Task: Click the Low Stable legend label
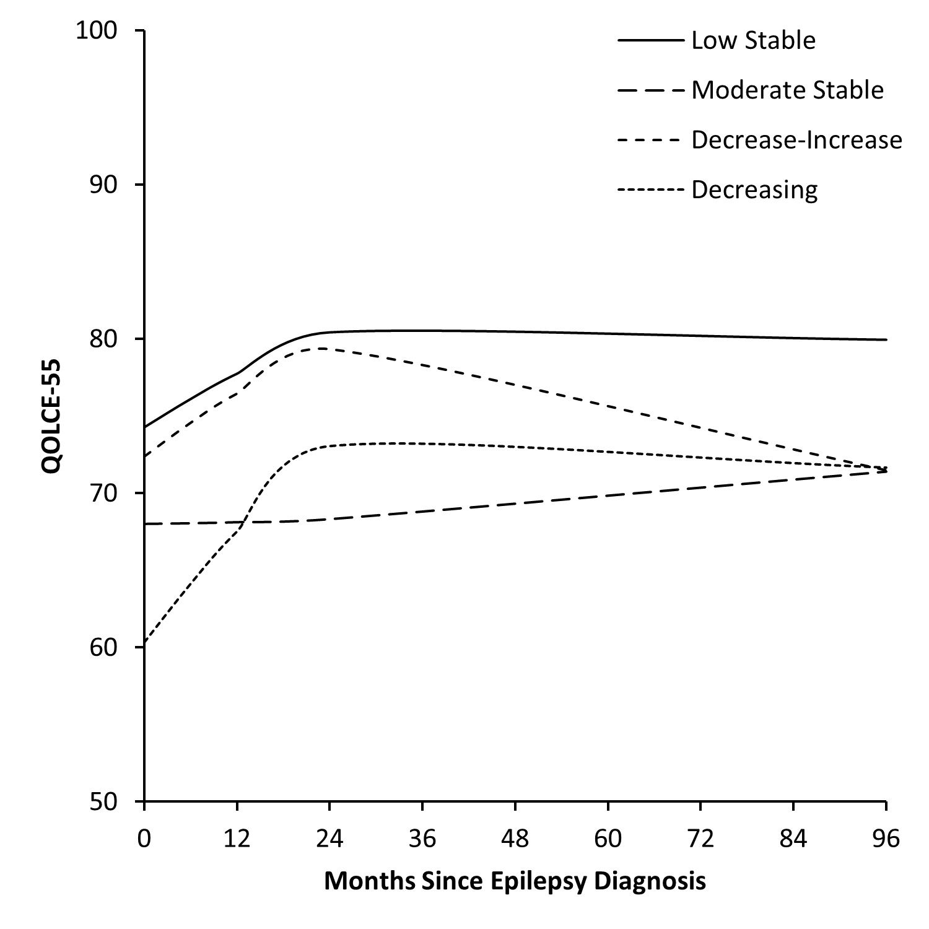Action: [753, 41]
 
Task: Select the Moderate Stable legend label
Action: [787, 90]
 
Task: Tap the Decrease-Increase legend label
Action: [796, 140]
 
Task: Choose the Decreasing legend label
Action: [754, 190]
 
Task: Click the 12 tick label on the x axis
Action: [237, 839]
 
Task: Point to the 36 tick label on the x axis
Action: [422, 839]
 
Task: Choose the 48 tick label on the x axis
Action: [515, 839]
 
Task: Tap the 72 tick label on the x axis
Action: [700, 839]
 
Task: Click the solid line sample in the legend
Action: [650, 41]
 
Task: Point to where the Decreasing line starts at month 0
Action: [144, 645]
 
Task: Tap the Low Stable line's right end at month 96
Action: [886, 339]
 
